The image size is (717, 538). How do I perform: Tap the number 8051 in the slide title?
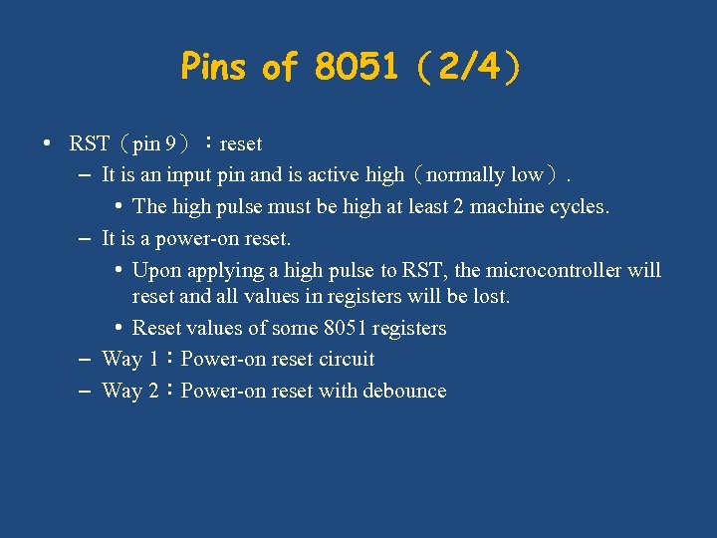point(355,68)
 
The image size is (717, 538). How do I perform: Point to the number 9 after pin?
point(173,143)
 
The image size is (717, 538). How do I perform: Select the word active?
point(333,175)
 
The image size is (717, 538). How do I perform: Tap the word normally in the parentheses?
point(465,175)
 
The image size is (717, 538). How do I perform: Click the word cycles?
point(582,207)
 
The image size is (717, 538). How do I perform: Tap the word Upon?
point(154,271)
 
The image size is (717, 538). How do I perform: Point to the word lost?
point(492,297)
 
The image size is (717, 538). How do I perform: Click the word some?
point(296,328)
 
